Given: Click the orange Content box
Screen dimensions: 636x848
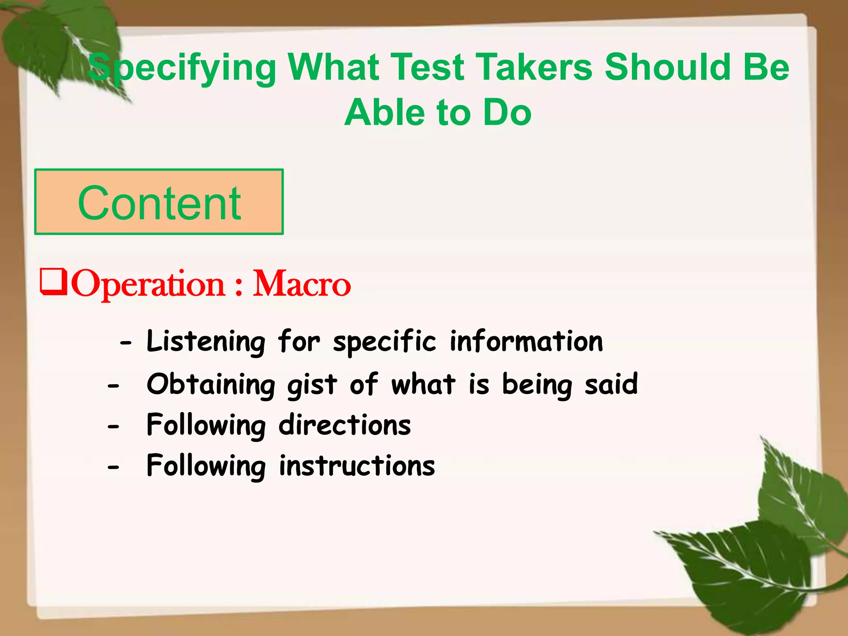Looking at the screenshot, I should [159, 202].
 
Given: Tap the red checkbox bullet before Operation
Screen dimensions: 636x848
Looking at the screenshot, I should [53, 282].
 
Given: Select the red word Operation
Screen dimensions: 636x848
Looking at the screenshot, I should [148, 285].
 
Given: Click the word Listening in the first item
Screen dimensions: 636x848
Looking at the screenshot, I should [206, 342].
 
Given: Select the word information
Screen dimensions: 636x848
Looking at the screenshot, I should [526, 342].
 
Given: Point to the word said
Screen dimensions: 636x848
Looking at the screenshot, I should [611, 384].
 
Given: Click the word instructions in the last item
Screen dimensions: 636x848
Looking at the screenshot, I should [357, 466].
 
